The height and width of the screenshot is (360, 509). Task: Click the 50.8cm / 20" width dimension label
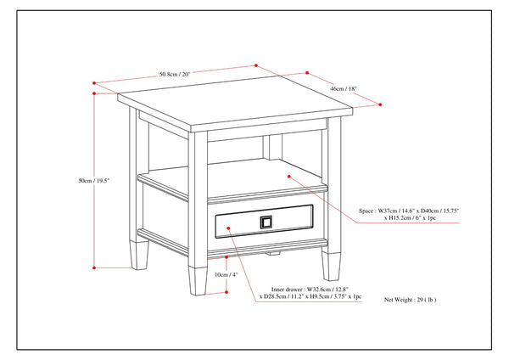[x=174, y=74]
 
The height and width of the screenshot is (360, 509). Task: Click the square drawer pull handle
[x=266, y=222]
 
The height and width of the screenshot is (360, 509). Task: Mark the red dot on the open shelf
[x=289, y=177]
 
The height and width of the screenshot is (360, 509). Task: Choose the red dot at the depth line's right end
[x=378, y=106]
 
